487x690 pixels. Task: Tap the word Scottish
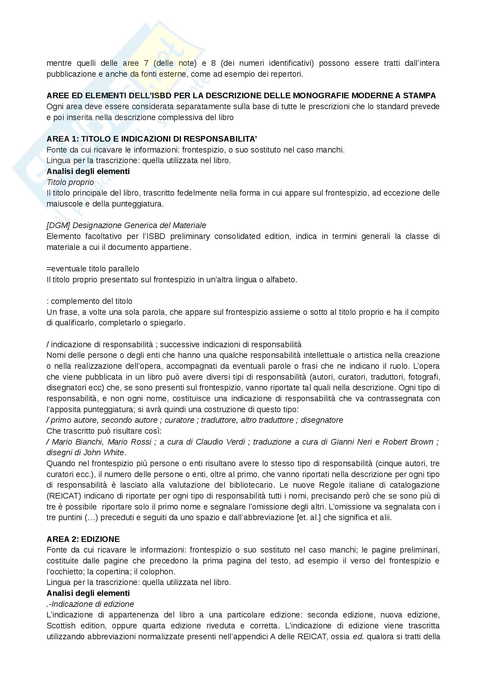61,626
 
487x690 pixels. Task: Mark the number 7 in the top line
146,63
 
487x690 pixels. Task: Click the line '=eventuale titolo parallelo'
93,269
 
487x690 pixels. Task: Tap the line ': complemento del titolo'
90,301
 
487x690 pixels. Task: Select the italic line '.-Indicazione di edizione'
90,604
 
